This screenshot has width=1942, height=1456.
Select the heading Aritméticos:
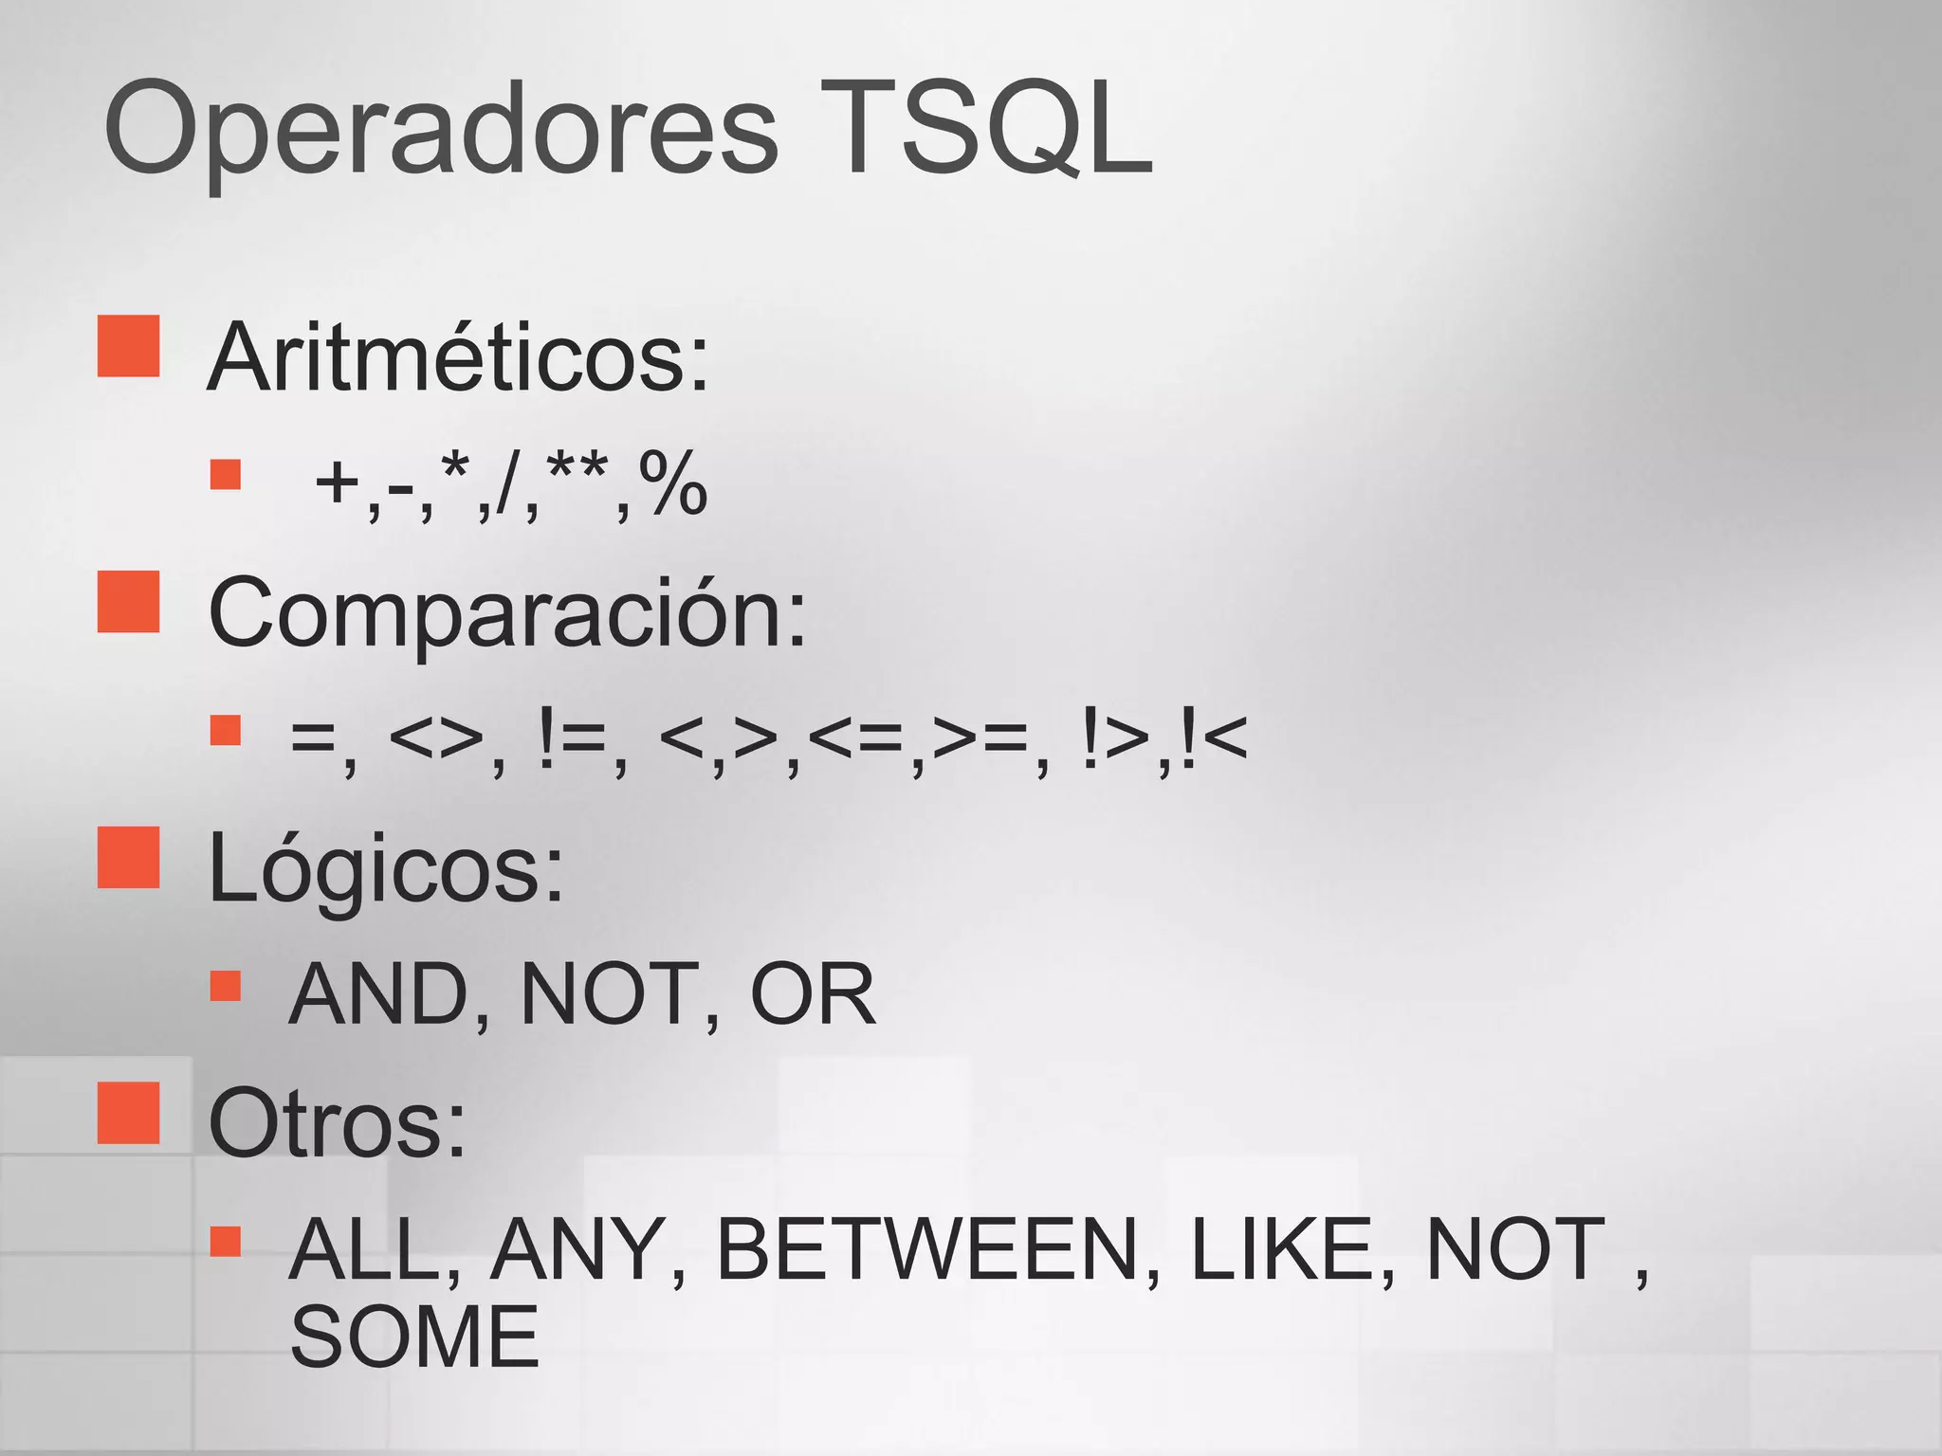pos(458,358)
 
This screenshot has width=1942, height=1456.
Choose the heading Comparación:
pos(507,614)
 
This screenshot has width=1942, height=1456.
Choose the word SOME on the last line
pos(414,1337)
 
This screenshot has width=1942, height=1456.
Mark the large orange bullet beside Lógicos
pos(128,857)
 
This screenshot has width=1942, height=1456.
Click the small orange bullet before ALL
pos(226,1241)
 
